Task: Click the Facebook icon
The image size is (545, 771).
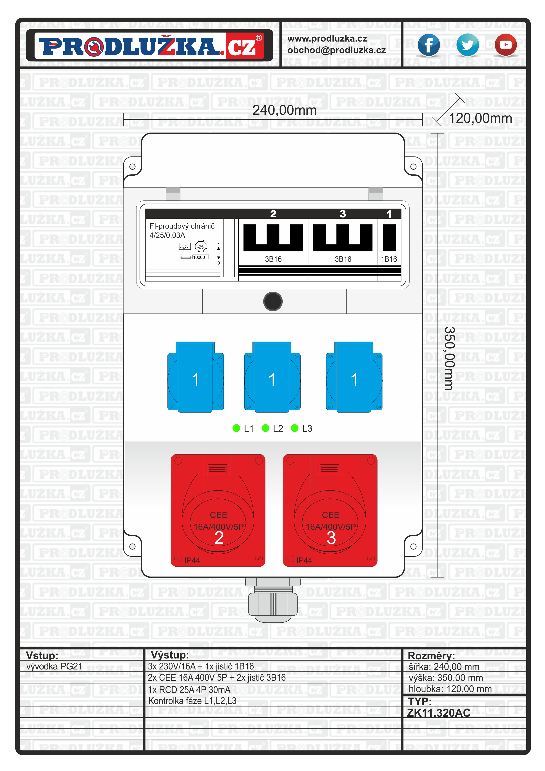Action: (429, 45)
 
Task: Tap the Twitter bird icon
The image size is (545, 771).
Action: (467, 45)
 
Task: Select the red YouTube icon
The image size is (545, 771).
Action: (505, 45)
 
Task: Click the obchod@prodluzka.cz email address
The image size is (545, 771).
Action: (336, 50)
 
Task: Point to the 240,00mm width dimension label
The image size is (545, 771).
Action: (284, 110)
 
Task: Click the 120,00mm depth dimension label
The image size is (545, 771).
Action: (480, 118)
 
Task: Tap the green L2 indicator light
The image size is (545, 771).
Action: (265, 428)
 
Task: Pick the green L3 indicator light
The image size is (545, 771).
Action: (294, 428)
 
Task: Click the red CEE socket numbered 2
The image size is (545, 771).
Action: (218, 510)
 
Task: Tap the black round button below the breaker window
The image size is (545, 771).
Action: (273, 301)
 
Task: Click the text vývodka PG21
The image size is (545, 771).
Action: (54, 666)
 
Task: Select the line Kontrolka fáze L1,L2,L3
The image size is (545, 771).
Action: (193, 701)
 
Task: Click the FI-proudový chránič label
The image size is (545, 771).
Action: (182, 226)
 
